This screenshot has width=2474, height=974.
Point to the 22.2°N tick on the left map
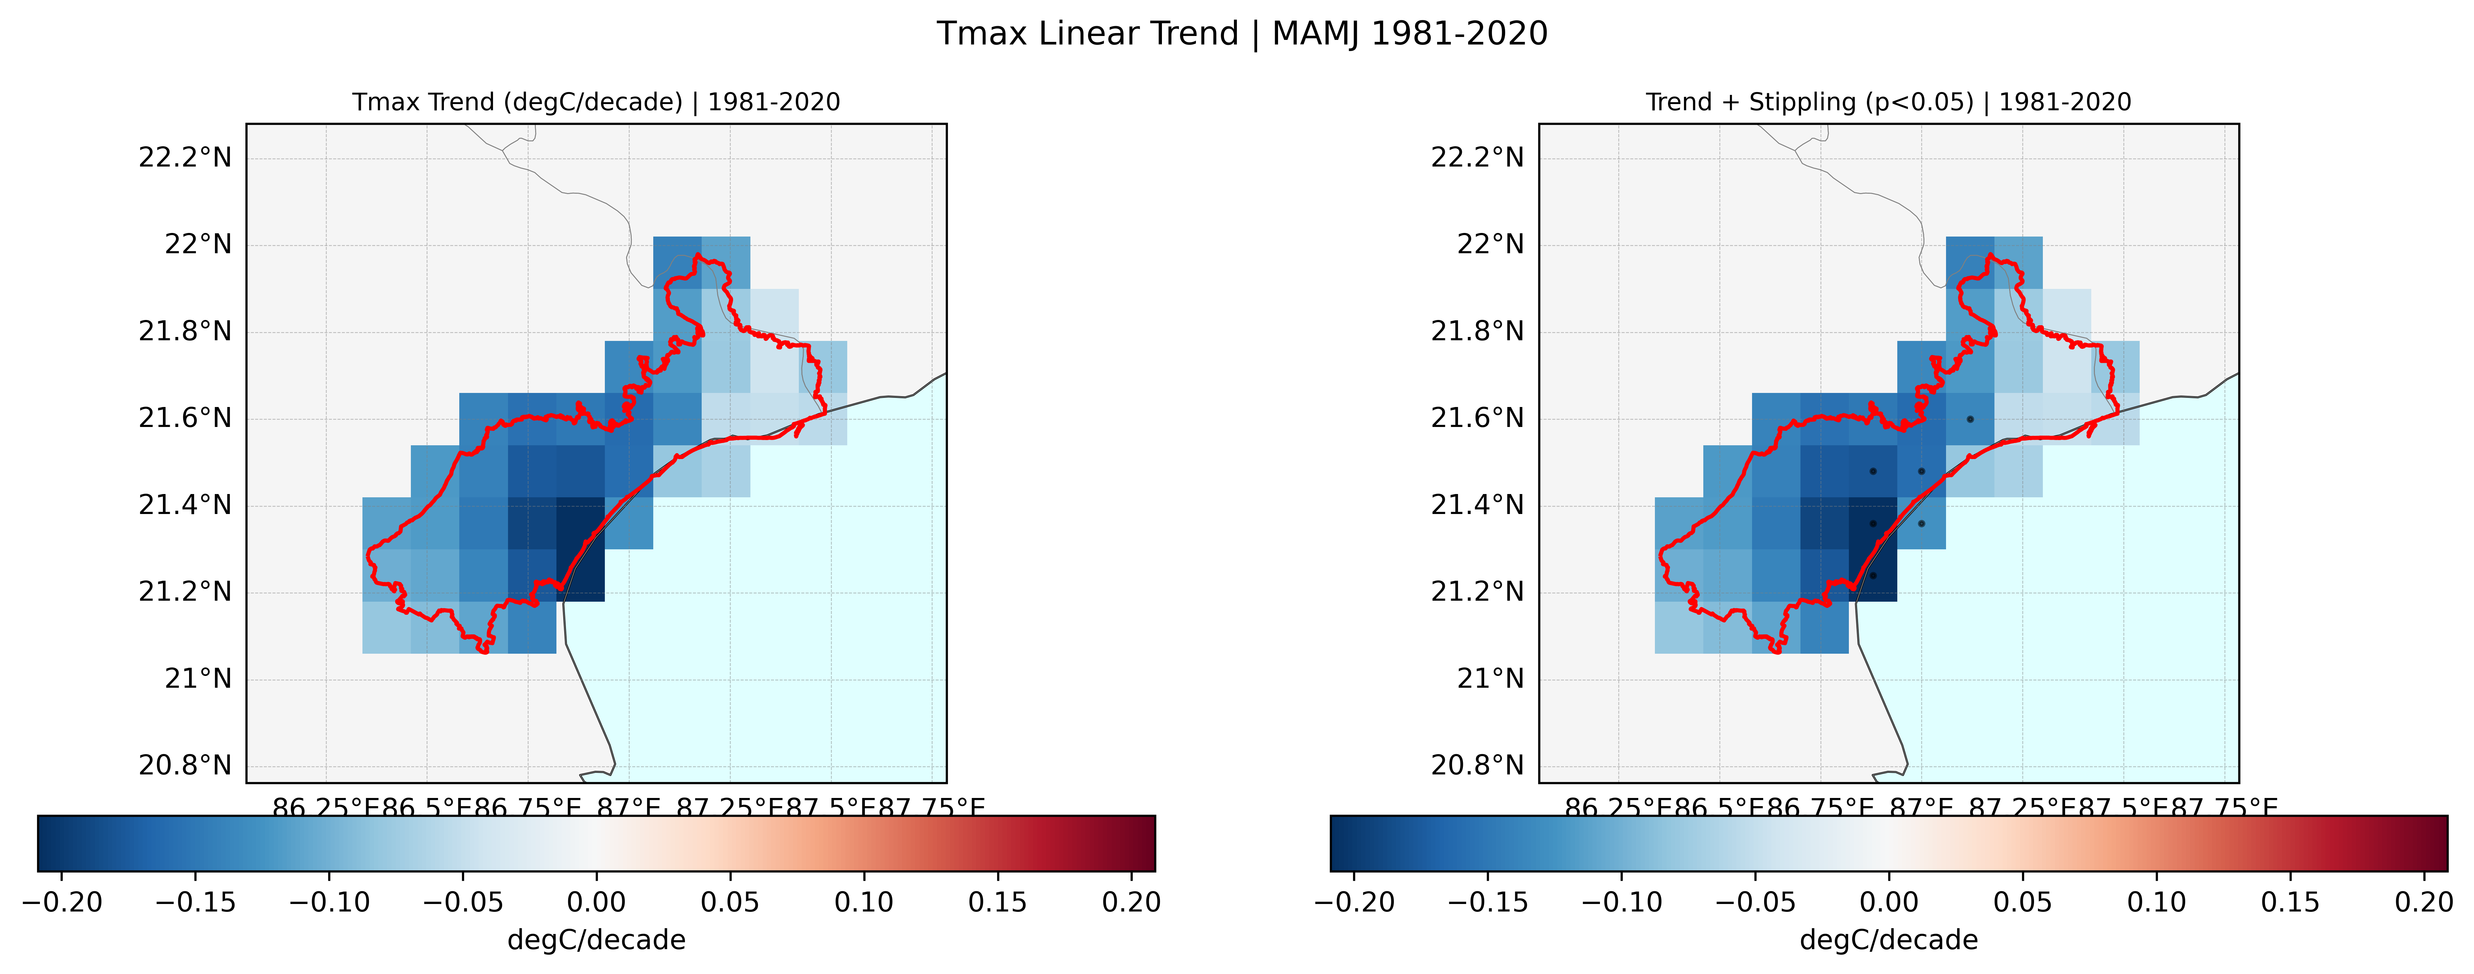[185, 157]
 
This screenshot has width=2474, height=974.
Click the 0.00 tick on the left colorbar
[596, 902]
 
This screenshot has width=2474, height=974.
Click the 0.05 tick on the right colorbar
[2023, 902]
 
